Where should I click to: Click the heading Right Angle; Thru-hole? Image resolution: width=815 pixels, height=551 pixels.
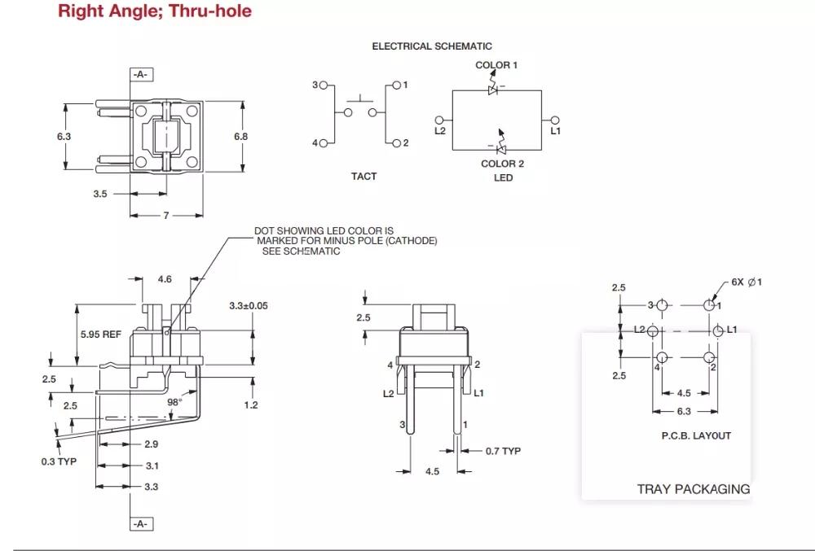[x=155, y=11]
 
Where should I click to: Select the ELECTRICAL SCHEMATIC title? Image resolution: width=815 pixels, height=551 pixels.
[x=432, y=46]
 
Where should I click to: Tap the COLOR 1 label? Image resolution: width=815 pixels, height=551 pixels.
[x=496, y=65]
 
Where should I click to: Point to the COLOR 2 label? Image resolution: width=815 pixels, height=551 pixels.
[x=503, y=164]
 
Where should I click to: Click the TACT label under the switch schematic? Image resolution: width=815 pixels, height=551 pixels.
[x=363, y=177]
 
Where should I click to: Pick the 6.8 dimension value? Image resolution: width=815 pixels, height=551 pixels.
[x=241, y=137]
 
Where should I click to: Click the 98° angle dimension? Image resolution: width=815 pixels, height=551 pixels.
[x=174, y=401]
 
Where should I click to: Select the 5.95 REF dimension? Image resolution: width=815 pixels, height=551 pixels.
[x=101, y=335]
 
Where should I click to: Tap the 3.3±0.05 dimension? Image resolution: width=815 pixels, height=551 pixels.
[x=249, y=306]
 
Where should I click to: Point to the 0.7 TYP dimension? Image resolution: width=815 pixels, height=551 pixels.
[x=503, y=451]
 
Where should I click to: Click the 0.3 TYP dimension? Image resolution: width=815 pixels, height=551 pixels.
[x=59, y=461]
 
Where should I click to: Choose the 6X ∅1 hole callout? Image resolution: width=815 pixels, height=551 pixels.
[x=747, y=282]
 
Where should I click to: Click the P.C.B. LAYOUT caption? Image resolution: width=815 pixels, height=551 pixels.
[x=696, y=435]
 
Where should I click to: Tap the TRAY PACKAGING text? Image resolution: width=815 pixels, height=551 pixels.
[x=693, y=489]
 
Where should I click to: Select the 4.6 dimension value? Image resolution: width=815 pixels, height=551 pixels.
[x=165, y=279]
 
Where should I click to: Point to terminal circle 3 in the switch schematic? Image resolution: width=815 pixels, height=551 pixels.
[x=324, y=85]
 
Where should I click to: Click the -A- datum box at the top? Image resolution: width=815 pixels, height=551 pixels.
[x=140, y=75]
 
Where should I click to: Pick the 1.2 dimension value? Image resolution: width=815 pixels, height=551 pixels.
[x=251, y=405]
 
